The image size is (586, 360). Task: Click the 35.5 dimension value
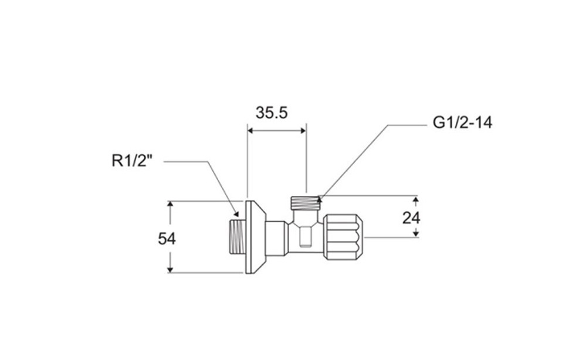[272, 113]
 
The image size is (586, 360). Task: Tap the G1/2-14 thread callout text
[462, 123]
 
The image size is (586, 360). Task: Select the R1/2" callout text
[133, 161]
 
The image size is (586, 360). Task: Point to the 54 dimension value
[167, 239]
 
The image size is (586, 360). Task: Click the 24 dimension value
[411, 218]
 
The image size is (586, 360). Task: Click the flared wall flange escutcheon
[256, 237]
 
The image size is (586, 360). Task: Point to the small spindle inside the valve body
[306, 236]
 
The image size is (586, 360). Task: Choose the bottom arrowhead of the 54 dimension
[170, 269]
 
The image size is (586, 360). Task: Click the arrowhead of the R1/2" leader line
[236, 213]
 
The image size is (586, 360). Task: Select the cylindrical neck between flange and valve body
[276, 237]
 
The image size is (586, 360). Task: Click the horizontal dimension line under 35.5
[277, 130]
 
